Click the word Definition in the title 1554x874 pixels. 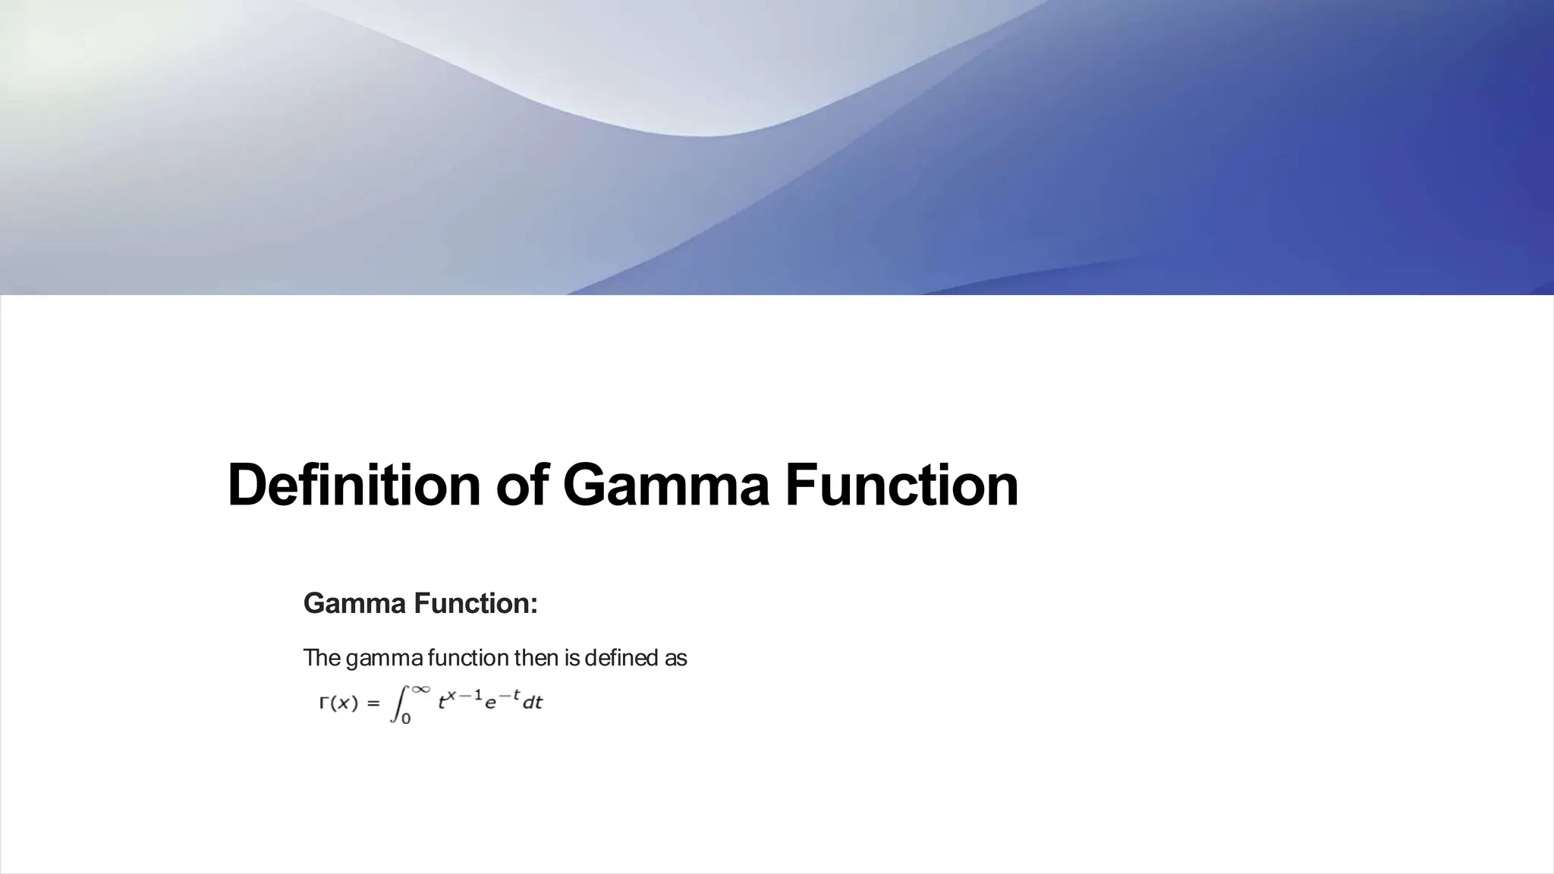pyautogui.click(x=354, y=485)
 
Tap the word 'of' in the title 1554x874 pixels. pyautogui.click(x=522, y=485)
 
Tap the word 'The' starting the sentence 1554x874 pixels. pyautogui.click(x=321, y=658)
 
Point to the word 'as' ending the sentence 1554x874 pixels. pyautogui.click(x=675, y=658)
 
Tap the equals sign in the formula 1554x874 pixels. pyautogui.click(x=373, y=703)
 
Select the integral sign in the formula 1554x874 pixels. pyautogui.click(x=397, y=703)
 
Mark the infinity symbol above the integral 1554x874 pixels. pyautogui.click(x=421, y=689)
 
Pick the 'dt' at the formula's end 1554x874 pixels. pyautogui.click(x=533, y=703)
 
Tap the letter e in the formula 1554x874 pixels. pyautogui.click(x=490, y=704)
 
